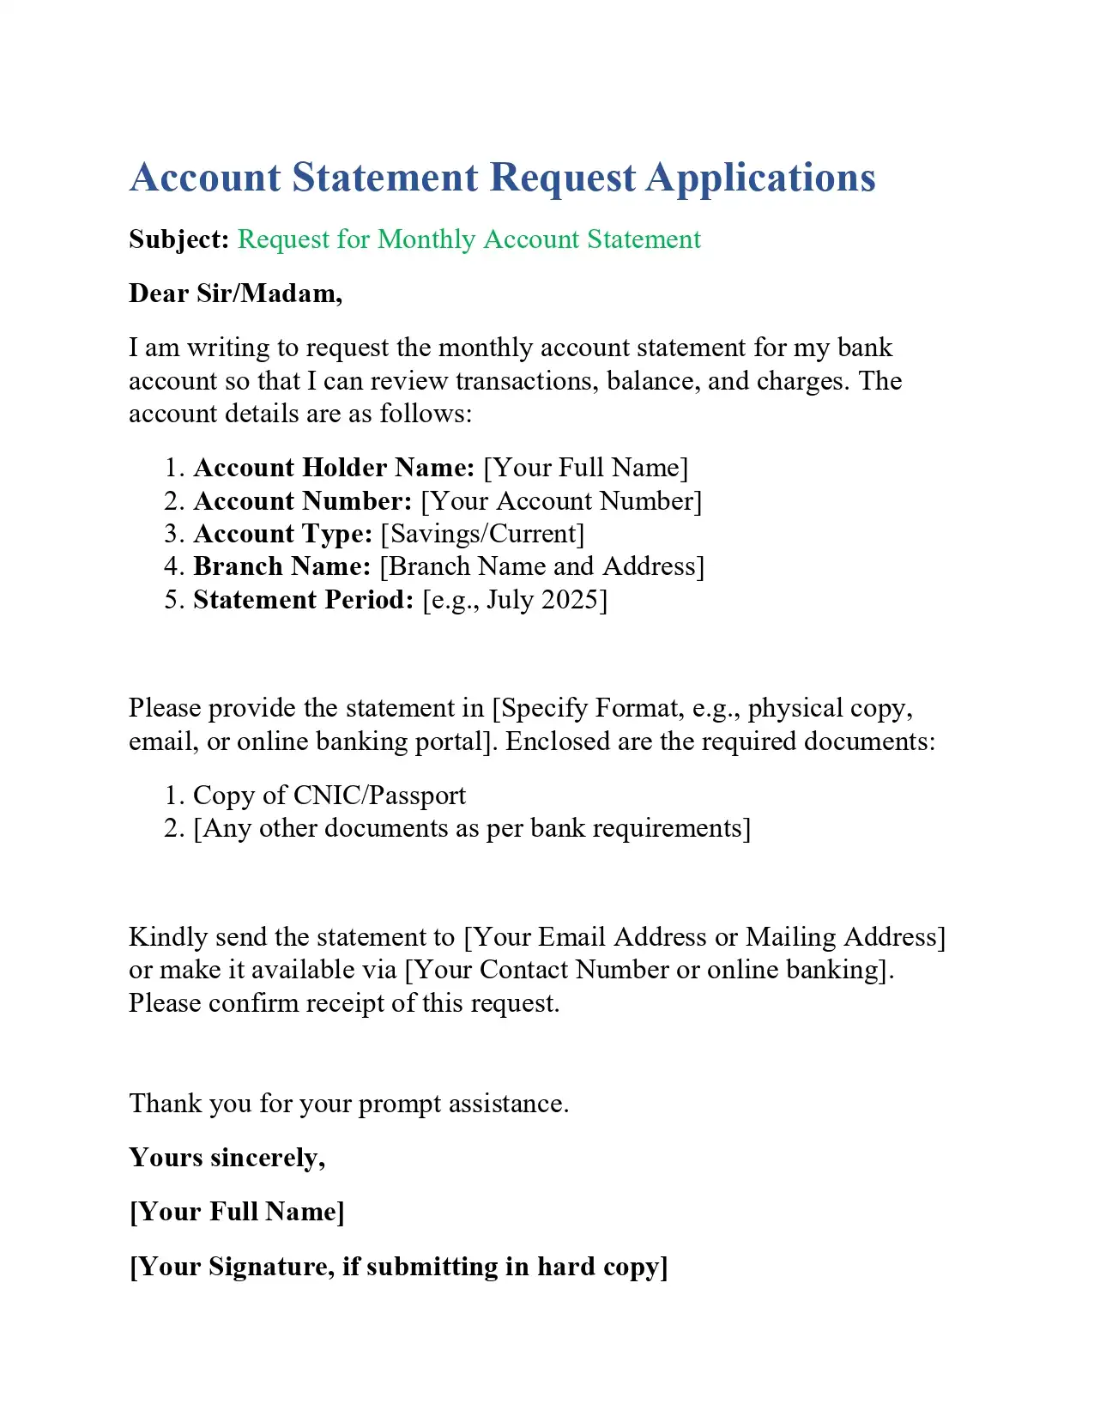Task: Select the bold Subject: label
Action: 178,239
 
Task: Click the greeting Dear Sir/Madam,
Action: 235,293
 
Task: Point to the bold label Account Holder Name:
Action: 334,468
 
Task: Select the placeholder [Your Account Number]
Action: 561,501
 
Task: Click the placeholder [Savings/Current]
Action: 482,534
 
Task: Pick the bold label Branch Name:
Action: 281,566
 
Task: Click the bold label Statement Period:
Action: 304,599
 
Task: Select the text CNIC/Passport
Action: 379,796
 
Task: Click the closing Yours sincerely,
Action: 227,1158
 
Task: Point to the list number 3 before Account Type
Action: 172,534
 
